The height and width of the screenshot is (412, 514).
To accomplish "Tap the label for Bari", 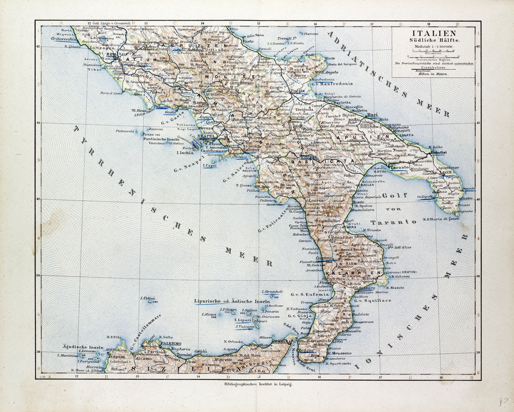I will point(372,115).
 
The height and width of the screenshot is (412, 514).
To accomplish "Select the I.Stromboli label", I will point(272,291).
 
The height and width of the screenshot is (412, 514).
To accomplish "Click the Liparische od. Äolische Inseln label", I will point(231,301).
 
